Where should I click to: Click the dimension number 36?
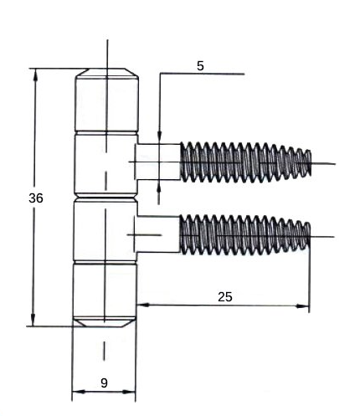[x=36, y=198]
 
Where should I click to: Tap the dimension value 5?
[x=200, y=66]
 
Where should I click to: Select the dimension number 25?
[x=225, y=297]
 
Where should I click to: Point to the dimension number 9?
[x=104, y=383]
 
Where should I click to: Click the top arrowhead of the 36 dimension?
[x=35, y=74]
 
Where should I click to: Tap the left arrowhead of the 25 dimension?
[x=143, y=306]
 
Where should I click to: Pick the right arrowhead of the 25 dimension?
[x=303, y=306]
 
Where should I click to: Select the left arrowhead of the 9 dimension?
[x=79, y=392]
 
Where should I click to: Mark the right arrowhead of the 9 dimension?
[x=129, y=392]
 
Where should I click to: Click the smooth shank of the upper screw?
[x=158, y=162]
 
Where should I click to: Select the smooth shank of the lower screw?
[x=158, y=234]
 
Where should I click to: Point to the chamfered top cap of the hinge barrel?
[x=107, y=74]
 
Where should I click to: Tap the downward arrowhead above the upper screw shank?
[x=159, y=137]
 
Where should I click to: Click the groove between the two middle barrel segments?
[x=105, y=198]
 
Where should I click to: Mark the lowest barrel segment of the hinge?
[x=105, y=290]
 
